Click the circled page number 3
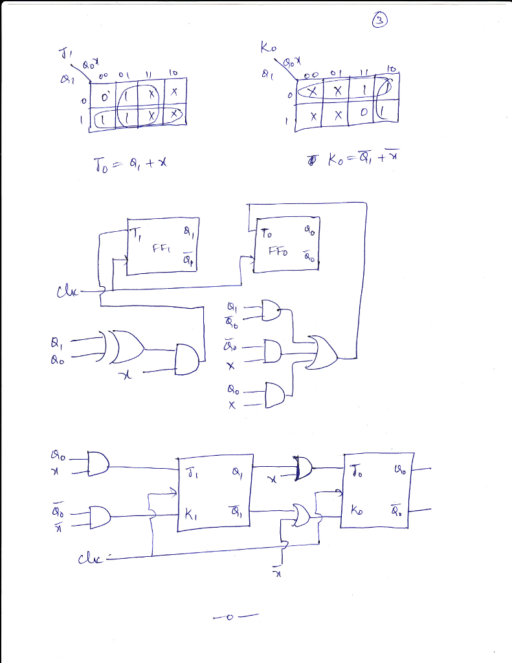pos(381,21)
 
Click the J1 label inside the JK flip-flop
pos(190,471)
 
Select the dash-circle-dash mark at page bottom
pos(229,616)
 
